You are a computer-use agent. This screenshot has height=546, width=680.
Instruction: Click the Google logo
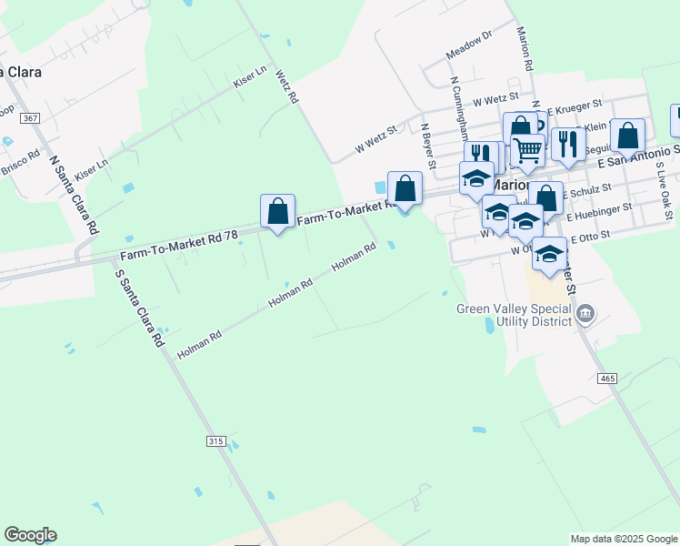point(30,535)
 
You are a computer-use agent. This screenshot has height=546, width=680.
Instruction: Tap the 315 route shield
point(215,441)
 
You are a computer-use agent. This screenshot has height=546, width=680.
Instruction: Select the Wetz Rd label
point(286,86)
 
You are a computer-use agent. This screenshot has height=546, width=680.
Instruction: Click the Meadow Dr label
point(469,45)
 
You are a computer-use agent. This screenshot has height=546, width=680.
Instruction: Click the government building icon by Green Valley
point(585,315)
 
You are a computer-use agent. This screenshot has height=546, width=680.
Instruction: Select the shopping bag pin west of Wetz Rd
point(277,211)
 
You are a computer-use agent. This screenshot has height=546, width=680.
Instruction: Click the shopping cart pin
point(528,150)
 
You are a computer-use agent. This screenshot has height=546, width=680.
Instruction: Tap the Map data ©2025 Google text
point(623,539)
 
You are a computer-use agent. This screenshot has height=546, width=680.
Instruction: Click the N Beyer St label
point(428,146)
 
